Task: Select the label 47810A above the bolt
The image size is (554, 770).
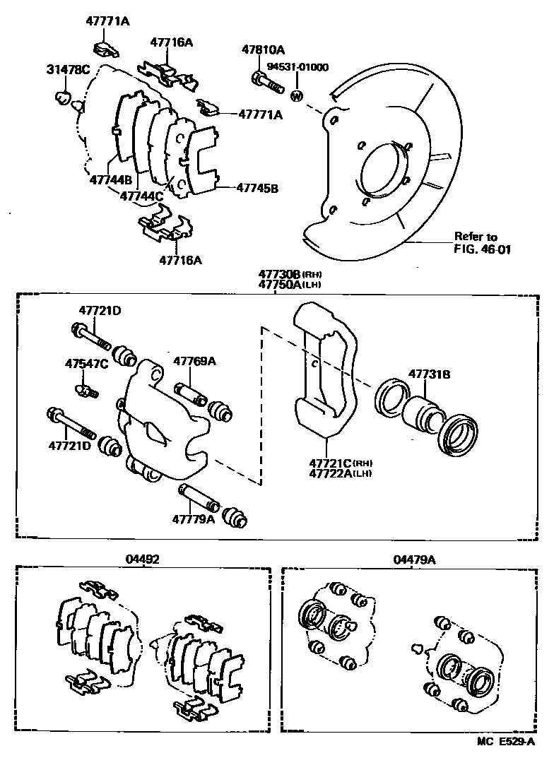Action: (x=263, y=50)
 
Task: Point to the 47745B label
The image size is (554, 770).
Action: (x=257, y=189)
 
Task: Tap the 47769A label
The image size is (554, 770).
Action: (x=195, y=362)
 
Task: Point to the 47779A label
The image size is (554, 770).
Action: (x=192, y=519)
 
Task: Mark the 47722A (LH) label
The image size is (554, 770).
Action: (x=333, y=474)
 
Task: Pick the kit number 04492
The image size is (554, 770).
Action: (x=142, y=559)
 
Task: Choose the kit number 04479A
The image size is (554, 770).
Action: (x=414, y=559)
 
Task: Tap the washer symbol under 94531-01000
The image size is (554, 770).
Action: (x=297, y=95)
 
